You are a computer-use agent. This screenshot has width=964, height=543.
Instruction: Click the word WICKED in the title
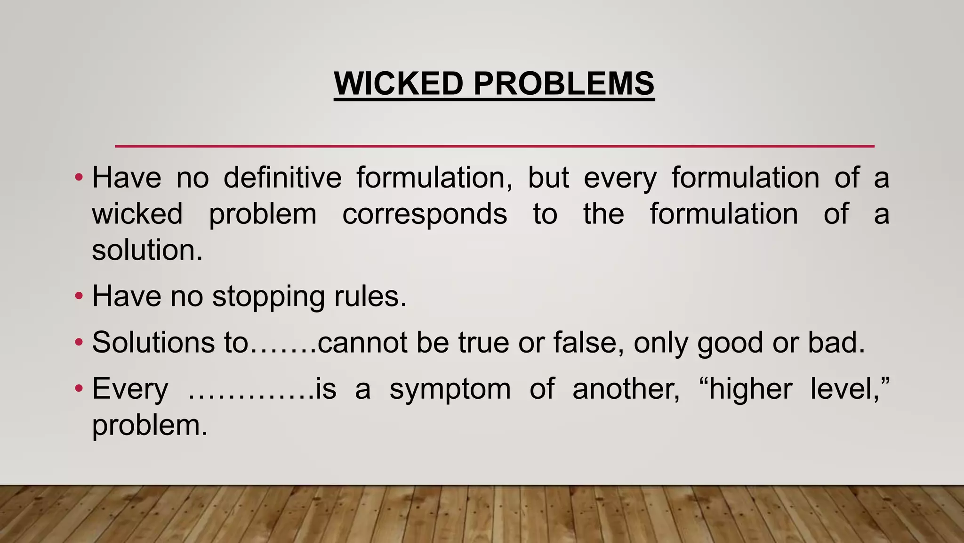[399, 83]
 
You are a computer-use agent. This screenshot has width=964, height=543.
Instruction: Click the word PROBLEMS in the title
[563, 83]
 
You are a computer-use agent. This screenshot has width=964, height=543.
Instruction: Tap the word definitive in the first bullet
[282, 178]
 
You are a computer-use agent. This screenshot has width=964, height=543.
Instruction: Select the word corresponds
[425, 214]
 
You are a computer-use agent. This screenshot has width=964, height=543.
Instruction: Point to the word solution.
[147, 250]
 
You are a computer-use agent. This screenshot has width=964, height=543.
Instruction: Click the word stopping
[268, 297]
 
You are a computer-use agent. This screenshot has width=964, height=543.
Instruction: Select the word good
[730, 343]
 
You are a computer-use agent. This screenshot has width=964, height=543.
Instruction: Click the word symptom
[450, 389]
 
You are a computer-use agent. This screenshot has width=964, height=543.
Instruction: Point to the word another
[626, 389]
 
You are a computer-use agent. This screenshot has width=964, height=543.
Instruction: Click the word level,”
[850, 389]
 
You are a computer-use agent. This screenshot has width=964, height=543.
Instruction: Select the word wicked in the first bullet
[137, 214]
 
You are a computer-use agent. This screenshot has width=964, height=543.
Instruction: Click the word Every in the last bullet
[130, 389]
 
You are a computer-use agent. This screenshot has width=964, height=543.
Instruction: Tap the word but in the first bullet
[548, 178]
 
